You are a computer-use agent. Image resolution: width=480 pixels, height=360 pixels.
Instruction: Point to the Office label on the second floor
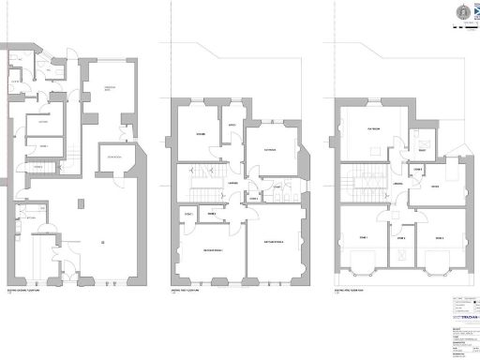click(435, 187)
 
